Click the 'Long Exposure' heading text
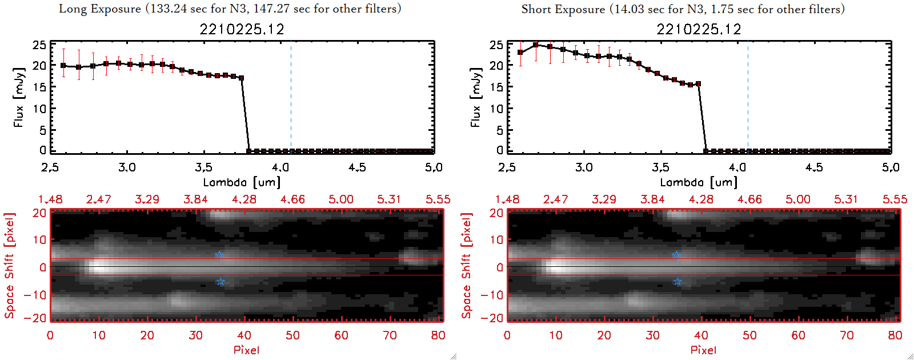click(x=100, y=9)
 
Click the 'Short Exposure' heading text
click(x=563, y=9)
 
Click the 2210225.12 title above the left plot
click(x=242, y=29)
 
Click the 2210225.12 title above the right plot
click(x=699, y=29)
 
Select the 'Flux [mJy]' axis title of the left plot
click(x=19, y=97)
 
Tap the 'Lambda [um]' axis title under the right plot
click(x=699, y=182)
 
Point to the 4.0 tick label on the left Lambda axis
click(x=280, y=167)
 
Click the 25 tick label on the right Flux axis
click(x=496, y=45)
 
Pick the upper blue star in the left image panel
click(x=219, y=255)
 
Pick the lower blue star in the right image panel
click(x=678, y=282)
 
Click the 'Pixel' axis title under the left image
click(x=246, y=350)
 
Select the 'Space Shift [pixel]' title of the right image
click(x=467, y=266)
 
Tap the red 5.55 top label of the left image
click(x=438, y=199)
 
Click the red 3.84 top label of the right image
click(x=652, y=199)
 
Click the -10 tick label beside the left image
click(x=35, y=294)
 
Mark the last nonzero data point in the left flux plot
click(x=242, y=78)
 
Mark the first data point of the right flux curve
click(x=520, y=53)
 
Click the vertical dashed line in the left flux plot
click(x=291, y=97)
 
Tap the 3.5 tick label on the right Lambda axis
click(x=661, y=167)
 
